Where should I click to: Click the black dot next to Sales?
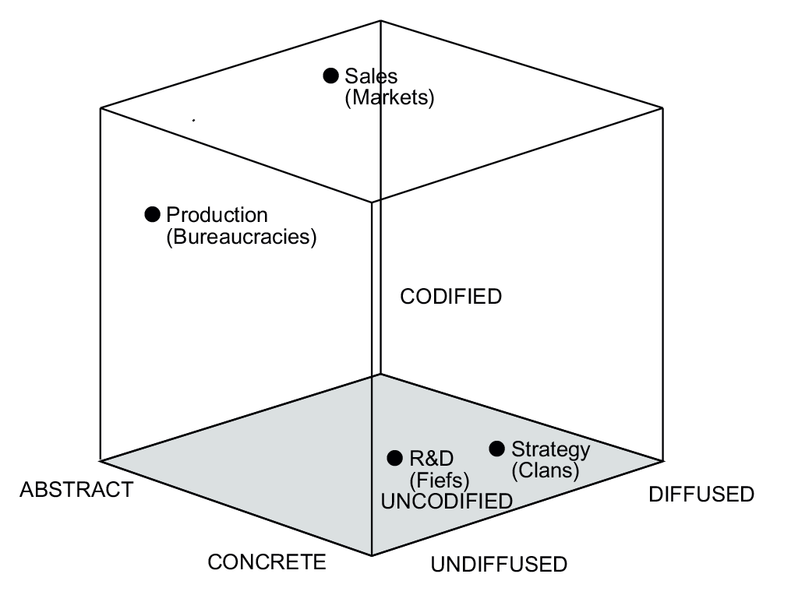tap(331, 76)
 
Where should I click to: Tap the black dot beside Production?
tap(153, 214)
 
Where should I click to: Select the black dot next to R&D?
tap(395, 458)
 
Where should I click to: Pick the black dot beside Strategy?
tap(496, 449)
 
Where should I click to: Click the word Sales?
tap(371, 76)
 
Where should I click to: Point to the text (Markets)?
tap(388, 99)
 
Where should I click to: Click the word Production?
tap(217, 215)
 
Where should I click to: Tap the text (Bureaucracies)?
tap(242, 237)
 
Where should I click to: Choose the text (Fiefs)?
tap(440, 479)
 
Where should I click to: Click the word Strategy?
tap(550, 449)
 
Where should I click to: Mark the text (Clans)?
tap(545, 470)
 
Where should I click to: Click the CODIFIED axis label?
tap(450, 297)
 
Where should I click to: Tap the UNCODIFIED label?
tap(447, 501)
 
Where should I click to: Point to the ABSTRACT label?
tap(76, 490)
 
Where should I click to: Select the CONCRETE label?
tap(267, 562)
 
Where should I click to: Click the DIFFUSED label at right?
tap(701, 495)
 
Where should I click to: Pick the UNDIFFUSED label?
tap(499, 564)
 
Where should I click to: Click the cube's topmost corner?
tap(381, 21)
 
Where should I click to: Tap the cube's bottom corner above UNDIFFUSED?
tap(373, 555)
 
